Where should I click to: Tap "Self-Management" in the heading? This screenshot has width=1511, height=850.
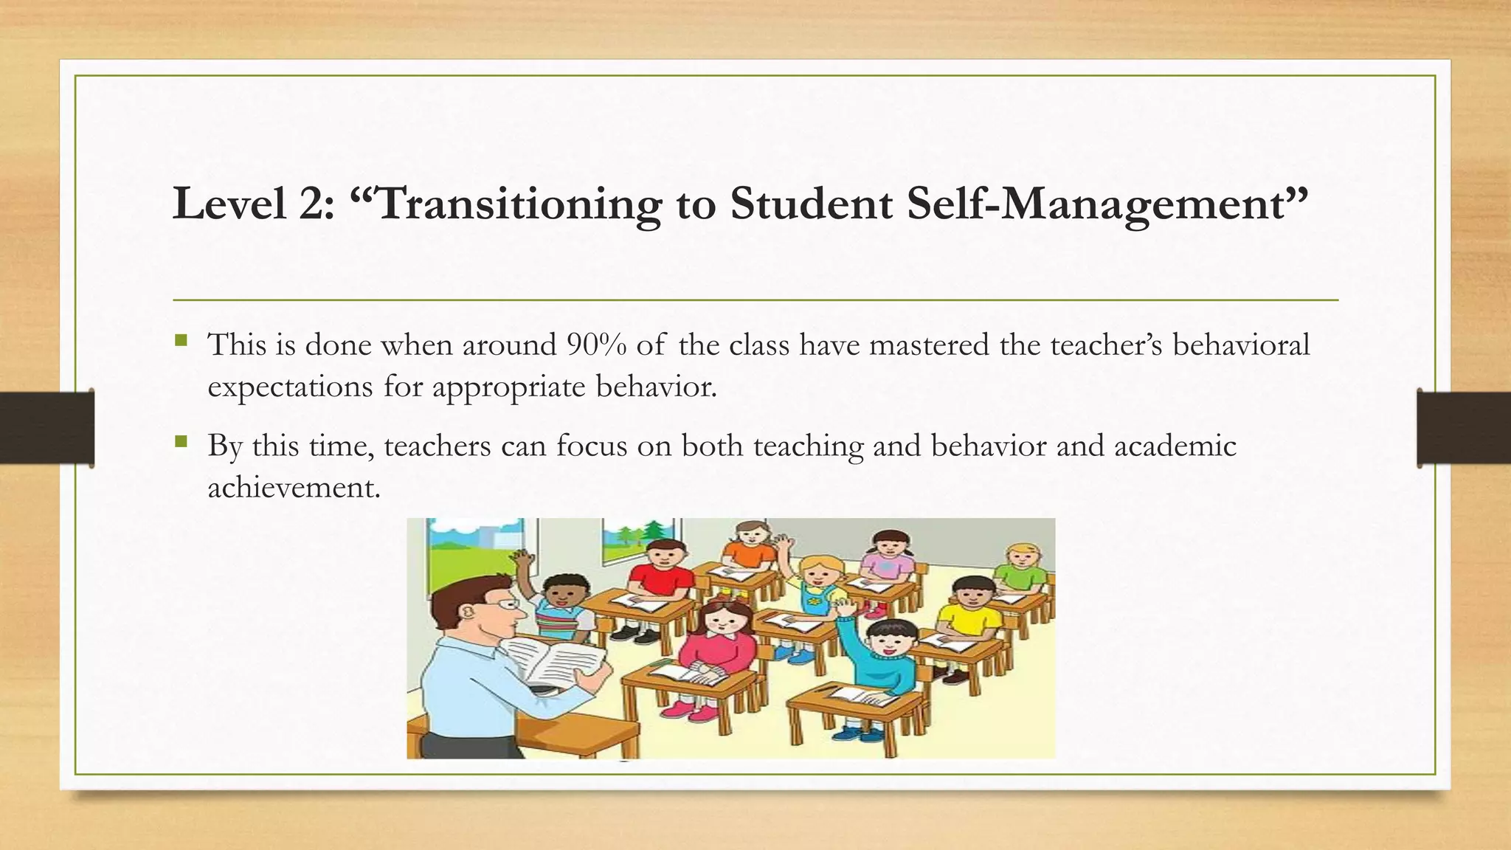(1107, 204)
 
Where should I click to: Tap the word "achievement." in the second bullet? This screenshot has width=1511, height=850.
(294, 487)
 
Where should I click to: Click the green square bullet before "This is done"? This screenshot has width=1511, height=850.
(181, 340)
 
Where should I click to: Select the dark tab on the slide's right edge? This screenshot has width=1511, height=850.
(1464, 428)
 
